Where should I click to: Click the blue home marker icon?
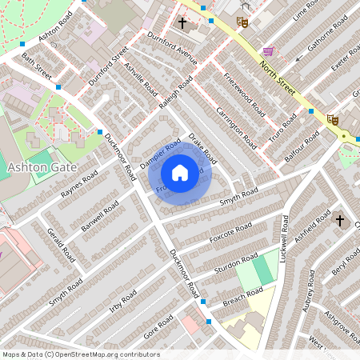click(180, 172)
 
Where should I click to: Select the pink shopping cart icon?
click(268, 50)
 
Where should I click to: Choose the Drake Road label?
click(203, 149)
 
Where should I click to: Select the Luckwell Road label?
click(285, 238)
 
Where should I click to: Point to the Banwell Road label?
click(100, 216)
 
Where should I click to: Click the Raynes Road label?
click(78, 184)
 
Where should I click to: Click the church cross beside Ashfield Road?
click(338, 219)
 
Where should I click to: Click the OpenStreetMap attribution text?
click(81, 354)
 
